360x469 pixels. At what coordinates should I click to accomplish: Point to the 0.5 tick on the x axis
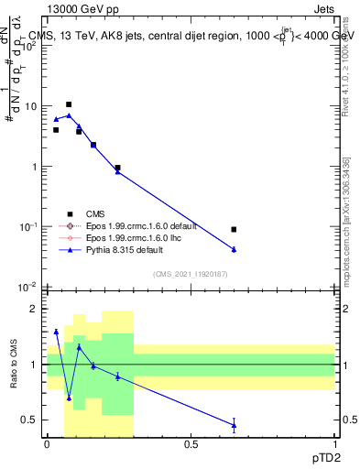pos(191,444)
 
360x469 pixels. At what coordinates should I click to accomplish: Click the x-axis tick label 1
pos(334,444)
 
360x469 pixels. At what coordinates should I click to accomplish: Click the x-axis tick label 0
pos(47,444)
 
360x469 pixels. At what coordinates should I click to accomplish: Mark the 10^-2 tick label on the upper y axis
pos(29,288)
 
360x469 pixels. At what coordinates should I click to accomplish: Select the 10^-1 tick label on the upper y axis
pos(29,227)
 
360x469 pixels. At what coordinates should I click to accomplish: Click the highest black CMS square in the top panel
pos(69,104)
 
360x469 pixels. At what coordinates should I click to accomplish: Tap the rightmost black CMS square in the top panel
pos(235,229)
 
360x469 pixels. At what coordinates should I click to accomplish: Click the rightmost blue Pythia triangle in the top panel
pos(235,249)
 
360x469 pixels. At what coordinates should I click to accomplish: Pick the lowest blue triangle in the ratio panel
pos(235,424)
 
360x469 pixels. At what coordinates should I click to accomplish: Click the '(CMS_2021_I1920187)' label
pos(190,273)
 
